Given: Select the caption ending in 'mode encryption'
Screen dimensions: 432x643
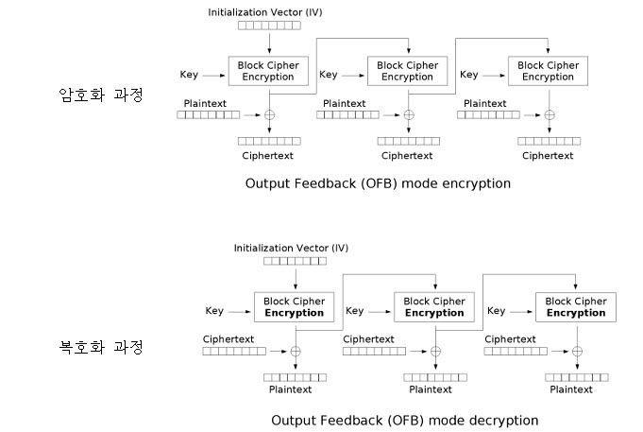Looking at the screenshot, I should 377,183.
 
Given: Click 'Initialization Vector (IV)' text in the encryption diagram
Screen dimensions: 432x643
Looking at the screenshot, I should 269,11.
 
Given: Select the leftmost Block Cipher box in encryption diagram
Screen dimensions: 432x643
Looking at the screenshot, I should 269,72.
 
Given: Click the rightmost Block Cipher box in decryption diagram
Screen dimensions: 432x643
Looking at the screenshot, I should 576,307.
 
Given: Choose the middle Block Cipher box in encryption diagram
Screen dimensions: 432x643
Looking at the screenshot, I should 408,72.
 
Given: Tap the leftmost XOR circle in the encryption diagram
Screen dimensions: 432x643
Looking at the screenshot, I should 270,114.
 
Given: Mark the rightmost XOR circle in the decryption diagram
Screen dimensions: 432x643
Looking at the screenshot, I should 577,352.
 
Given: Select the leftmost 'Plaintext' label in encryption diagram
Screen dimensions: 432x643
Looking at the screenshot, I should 205,102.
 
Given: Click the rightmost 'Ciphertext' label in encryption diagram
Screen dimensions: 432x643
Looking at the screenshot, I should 548,156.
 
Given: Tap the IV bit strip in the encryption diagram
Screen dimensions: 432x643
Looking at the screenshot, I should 269,26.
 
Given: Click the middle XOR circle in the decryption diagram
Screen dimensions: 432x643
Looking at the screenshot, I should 435,352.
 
